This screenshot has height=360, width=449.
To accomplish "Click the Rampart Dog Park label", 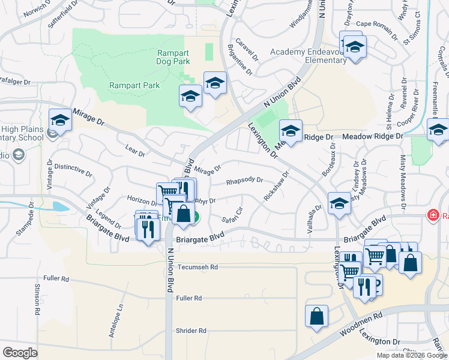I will [x=173, y=57].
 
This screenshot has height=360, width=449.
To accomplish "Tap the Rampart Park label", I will [x=134, y=85].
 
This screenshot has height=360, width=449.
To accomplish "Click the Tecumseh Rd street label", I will [x=197, y=266].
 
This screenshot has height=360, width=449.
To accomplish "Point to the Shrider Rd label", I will [x=191, y=331].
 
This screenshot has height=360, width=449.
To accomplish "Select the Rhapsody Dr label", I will [x=244, y=180].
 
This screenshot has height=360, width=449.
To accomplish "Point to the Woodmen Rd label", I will [x=362, y=322].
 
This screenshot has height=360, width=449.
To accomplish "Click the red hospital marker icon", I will [x=432, y=215].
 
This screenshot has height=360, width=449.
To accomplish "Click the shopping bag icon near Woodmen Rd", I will [x=316, y=316].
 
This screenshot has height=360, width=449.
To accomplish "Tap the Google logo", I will [x=20, y=353].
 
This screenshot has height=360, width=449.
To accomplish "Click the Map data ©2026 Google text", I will [x=411, y=355].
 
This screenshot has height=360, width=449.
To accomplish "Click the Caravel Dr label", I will [x=246, y=50].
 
